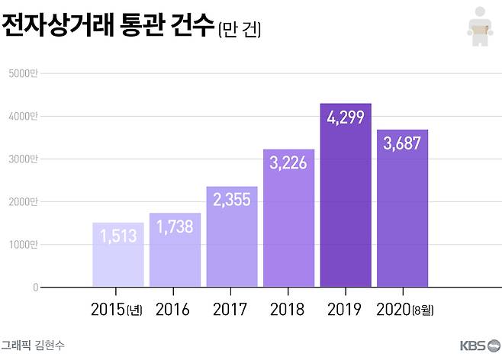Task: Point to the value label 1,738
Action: [x=175, y=227]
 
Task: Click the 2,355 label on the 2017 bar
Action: [x=231, y=200]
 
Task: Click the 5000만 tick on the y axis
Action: [x=24, y=73]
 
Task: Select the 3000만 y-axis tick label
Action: [x=24, y=159]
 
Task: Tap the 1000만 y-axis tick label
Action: [x=24, y=245]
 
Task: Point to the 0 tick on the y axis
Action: [x=35, y=288]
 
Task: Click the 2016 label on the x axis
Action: [x=172, y=310]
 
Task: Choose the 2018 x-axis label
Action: [x=287, y=310]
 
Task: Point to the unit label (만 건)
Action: [x=240, y=31]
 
